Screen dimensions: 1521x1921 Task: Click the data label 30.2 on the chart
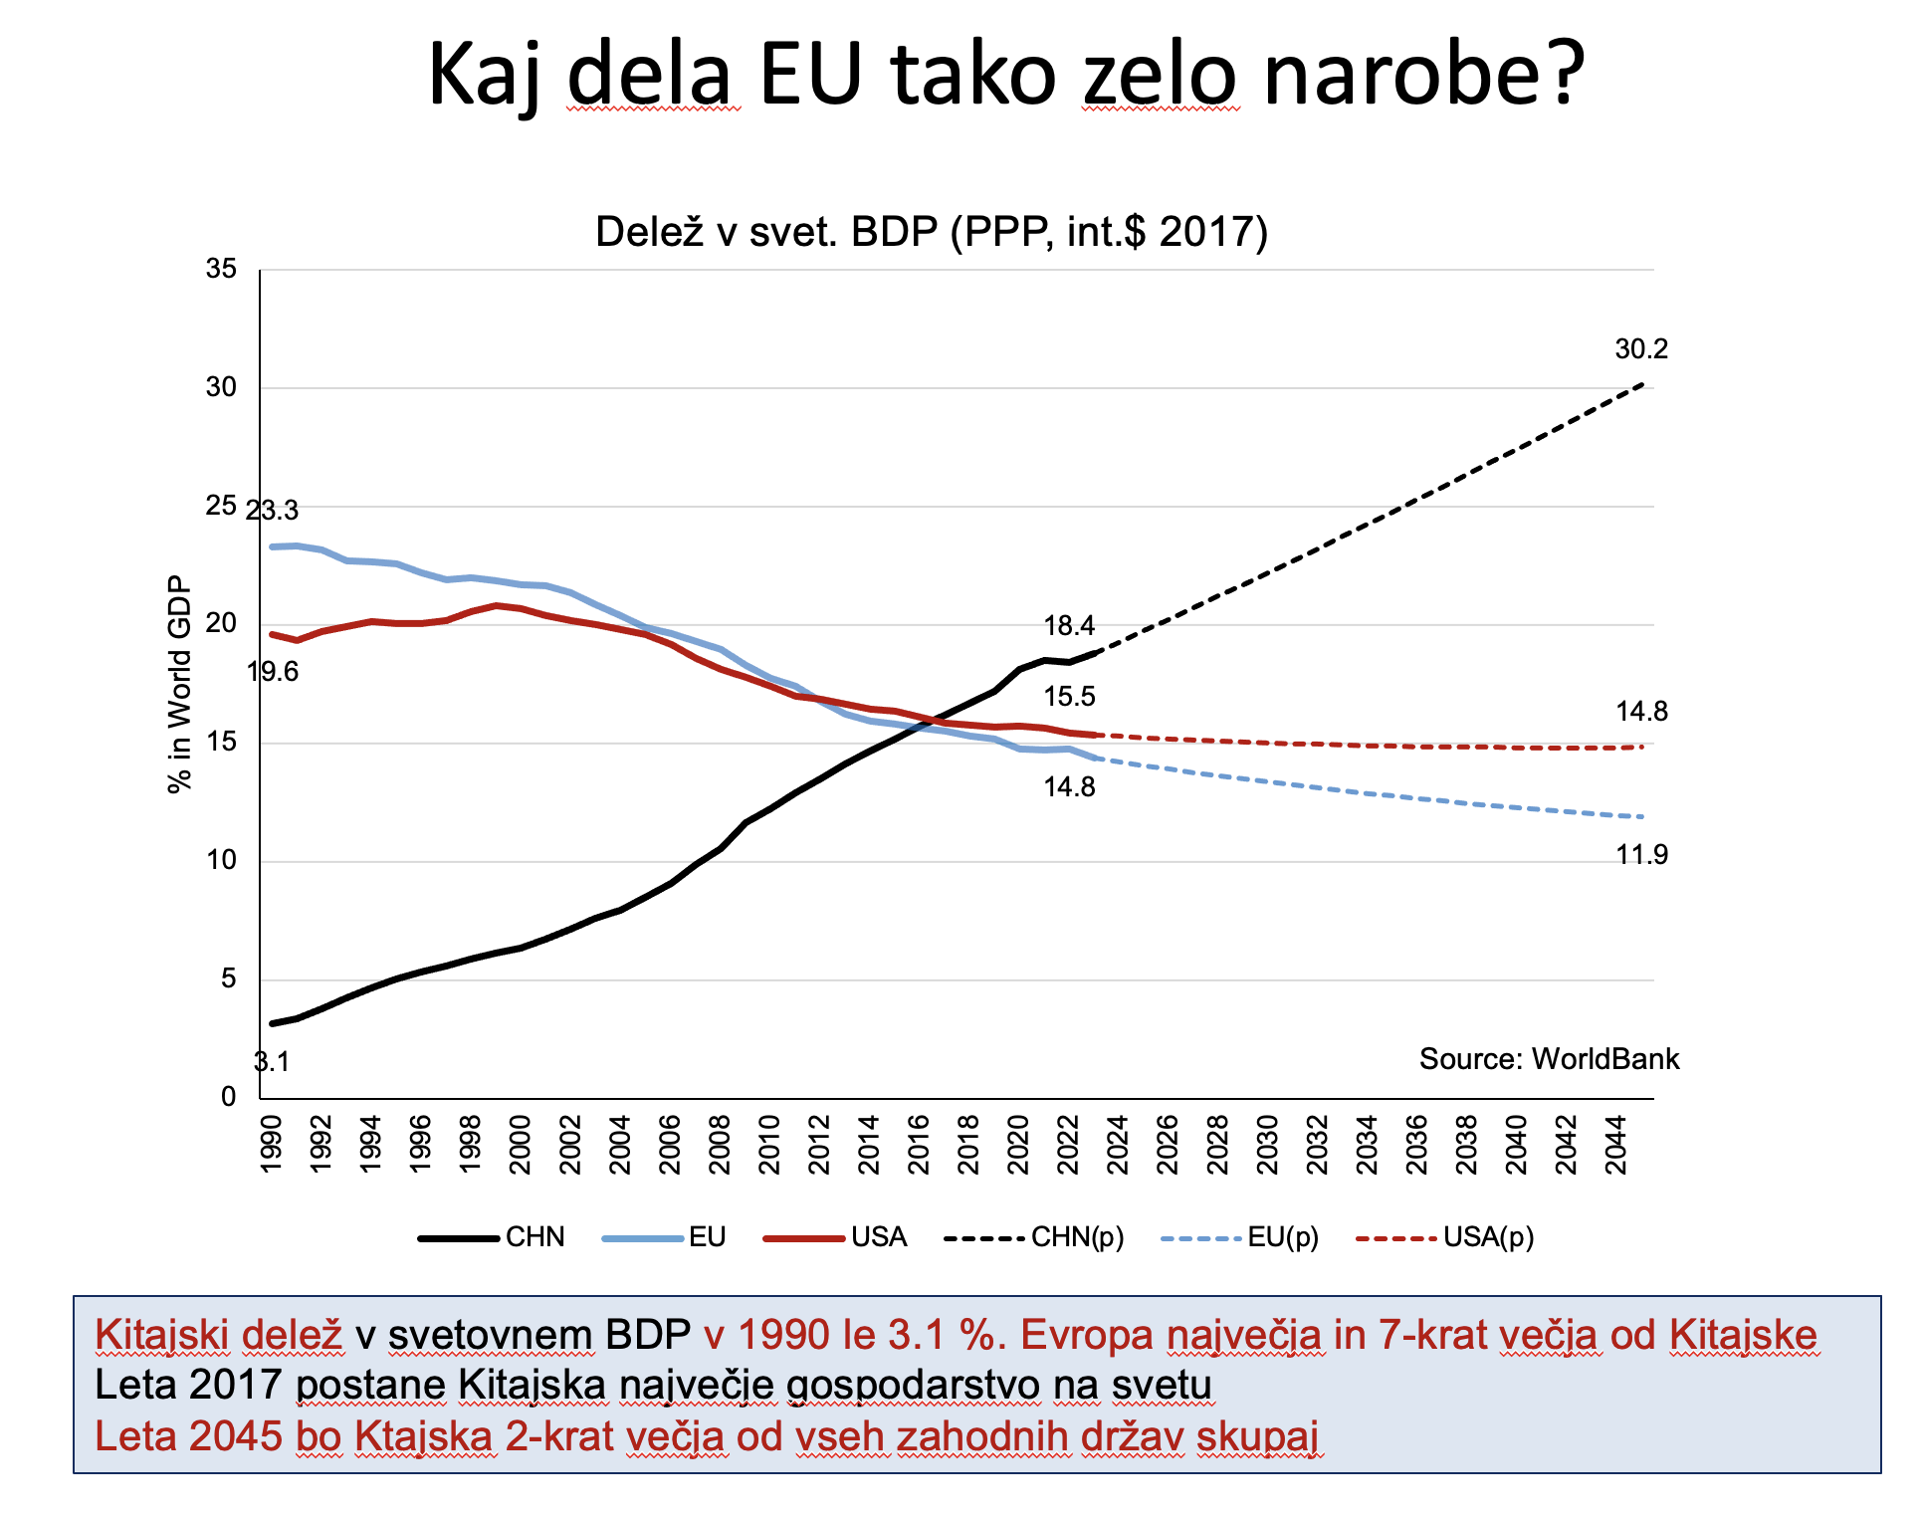coord(1641,349)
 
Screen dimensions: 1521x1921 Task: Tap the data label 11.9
coord(1641,855)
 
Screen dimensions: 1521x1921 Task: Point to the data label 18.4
coord(1069,626)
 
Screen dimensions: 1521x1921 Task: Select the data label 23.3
coord(272,511)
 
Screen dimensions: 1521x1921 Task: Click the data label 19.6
coord(273,672)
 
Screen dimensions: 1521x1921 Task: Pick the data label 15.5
coord(1069,697)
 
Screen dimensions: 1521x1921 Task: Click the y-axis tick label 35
coord(221,269)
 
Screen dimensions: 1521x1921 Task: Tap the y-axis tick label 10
coord(221,861)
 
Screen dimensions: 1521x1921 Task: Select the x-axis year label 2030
coord(1268,1145)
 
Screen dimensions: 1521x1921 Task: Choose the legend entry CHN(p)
coord(1077,1237)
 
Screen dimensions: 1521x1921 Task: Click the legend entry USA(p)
coord(1488,1237)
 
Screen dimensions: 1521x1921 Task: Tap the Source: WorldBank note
coord(1549,1059)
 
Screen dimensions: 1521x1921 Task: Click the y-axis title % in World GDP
coord(179,684)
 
